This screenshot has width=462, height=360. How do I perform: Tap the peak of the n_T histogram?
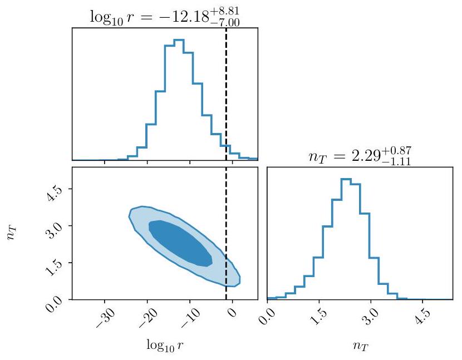click(x=346, y=180)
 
